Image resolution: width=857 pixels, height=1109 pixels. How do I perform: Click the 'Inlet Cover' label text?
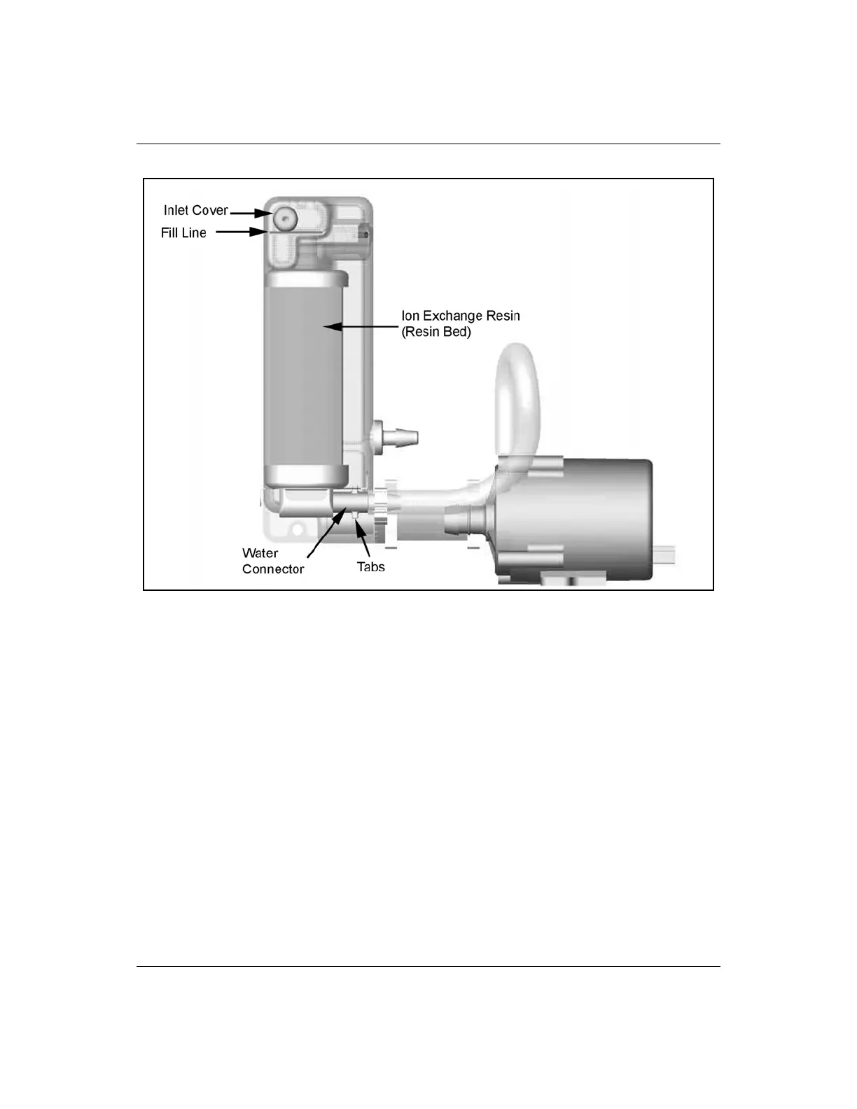tap(195, 210)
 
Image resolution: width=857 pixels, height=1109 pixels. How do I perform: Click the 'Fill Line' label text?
tap(183, 233)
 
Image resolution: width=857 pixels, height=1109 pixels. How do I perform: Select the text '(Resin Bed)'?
tap(436, 332)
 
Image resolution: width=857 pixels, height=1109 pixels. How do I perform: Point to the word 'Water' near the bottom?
tap(260, 553)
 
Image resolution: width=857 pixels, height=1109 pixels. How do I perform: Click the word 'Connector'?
tap(273, 569)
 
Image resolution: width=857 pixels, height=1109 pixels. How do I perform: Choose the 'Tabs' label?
tap(370, 567)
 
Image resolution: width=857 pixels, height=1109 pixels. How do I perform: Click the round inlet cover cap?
tap(285, 218)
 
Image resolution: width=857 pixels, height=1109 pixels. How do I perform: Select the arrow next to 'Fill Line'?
tap(242, 232)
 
